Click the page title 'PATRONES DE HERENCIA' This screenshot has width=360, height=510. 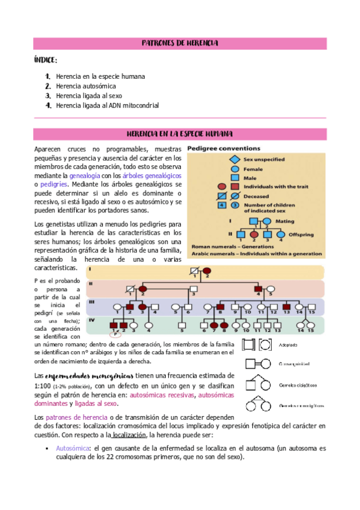point(180,43)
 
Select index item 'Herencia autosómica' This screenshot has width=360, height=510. point(86,86)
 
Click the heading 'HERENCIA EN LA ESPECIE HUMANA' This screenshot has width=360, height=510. point(180,134)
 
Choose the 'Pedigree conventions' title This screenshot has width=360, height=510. point(224,148)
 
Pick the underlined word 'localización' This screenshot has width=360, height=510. point(128,435)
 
